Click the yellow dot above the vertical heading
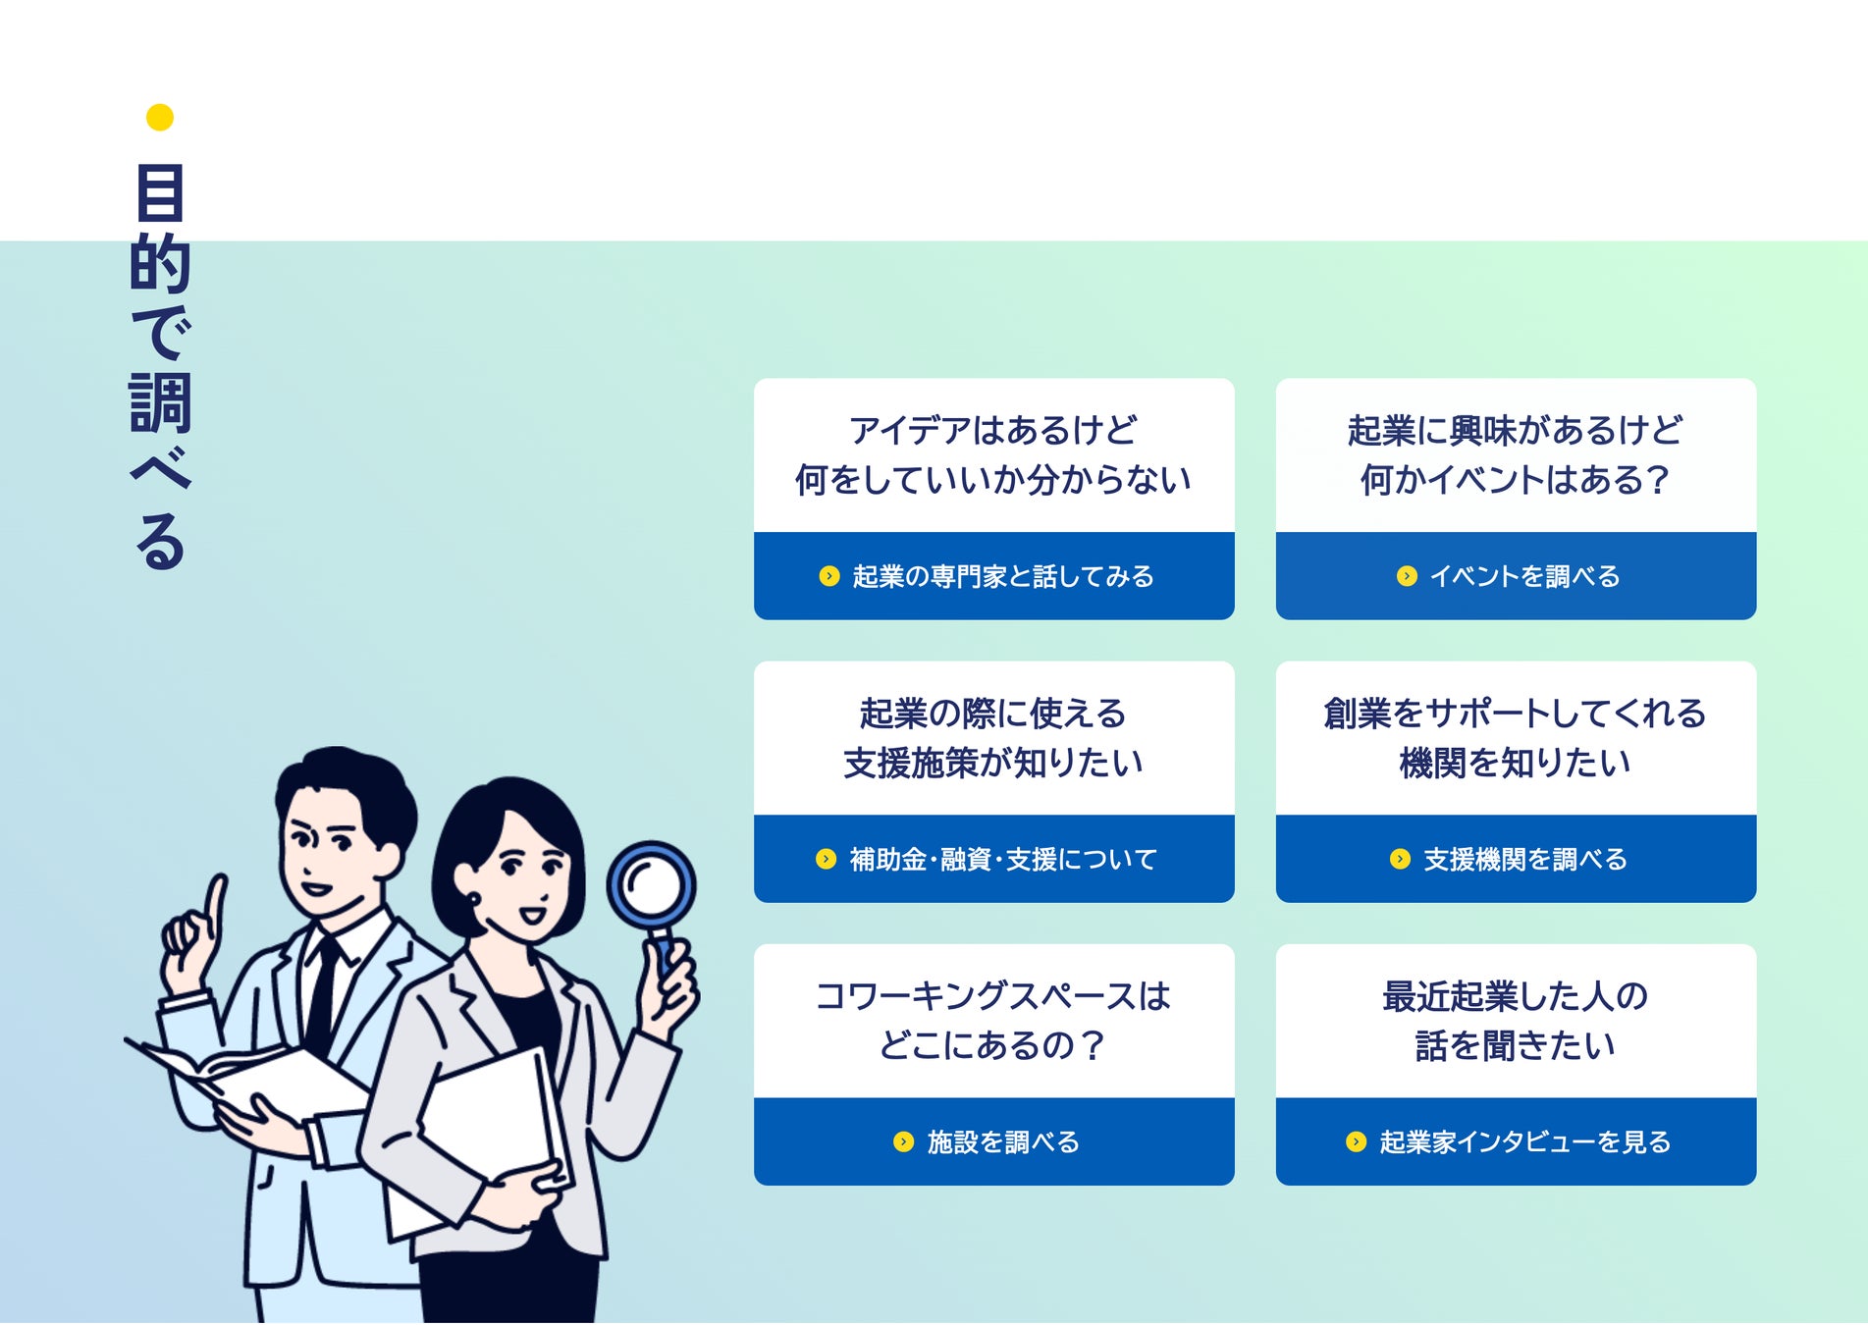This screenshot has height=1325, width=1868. (160, 118)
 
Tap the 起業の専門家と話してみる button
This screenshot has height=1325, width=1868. (993, 576)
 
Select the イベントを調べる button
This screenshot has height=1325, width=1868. (1516, 576)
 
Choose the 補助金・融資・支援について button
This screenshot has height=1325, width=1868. (993, 860)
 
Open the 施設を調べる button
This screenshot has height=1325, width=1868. (993, 1142)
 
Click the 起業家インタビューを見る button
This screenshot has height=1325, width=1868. (1516, 1142)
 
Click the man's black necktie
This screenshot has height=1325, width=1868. (322, 991)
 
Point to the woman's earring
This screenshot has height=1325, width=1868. (474, 899)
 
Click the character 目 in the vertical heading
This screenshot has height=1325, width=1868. (160, 193)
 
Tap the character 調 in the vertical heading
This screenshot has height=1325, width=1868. (160, 402)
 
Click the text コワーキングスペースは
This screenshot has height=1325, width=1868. (993, 996)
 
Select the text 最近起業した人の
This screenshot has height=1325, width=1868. (1516, 996)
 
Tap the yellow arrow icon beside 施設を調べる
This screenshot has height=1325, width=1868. (903, 1141)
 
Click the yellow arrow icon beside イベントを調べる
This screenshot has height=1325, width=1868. (1407, 576)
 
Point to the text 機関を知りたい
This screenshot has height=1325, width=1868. (1516, 763)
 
